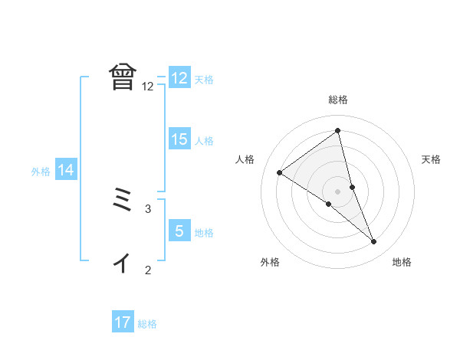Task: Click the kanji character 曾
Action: point(123,77)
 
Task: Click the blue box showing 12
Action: point(179,78)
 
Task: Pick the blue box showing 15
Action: point(179,139)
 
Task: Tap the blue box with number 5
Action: point(179,231)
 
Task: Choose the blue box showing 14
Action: point(66,171)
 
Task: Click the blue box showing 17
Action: point(123,322)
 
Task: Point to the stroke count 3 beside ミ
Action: point(148,208)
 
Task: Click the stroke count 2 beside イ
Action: point(148,269)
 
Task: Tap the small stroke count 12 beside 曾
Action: point(148,86)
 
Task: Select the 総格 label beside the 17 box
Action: point(147,324)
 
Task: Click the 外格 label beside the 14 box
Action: point(41,172)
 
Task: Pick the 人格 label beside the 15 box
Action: point(205,141)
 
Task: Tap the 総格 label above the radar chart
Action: point(338,100)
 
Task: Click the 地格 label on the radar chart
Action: point(402,262)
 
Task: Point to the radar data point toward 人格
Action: point(279,172)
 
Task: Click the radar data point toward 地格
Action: point(373,241)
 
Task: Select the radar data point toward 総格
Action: point(337,131)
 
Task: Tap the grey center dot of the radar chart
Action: point(337,191)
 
